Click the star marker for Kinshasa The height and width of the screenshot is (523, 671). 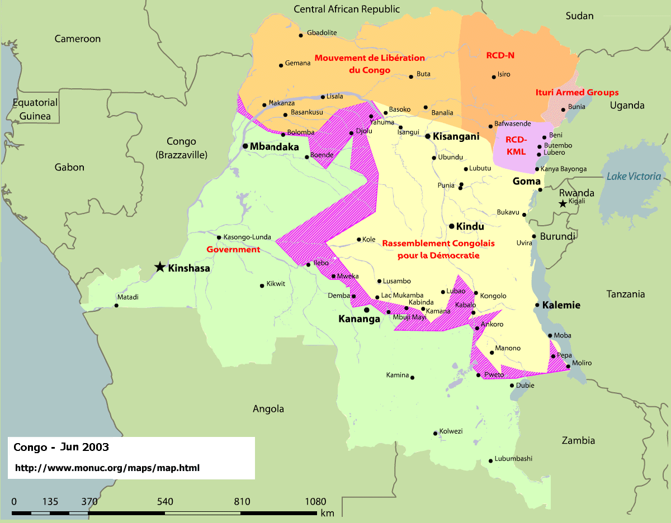160,267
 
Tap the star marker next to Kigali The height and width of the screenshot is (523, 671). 563,205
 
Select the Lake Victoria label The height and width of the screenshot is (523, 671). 634,177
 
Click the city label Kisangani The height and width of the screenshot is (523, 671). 456,136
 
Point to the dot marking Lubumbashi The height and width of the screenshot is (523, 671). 490,461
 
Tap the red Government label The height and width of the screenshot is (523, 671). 233,249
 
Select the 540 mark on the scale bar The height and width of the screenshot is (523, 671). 165,501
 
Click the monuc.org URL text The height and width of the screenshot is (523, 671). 106,468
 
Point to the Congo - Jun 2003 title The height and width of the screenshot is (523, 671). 61,448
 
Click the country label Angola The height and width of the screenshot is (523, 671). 268,409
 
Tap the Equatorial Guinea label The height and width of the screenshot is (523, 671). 35,110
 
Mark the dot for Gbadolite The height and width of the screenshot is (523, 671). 301,35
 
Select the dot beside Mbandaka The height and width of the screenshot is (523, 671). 245,146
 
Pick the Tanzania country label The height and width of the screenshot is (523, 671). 626,294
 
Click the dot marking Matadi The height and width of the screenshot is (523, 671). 116,305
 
